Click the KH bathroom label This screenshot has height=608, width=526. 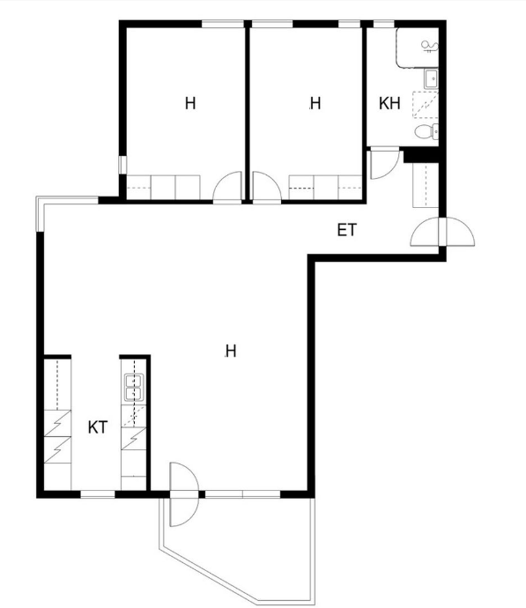point(389,103)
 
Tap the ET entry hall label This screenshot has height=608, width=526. point(346,230)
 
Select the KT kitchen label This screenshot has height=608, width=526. point(98,427)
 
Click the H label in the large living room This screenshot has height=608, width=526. point(231,351)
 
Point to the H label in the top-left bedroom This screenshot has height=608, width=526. point(190,103)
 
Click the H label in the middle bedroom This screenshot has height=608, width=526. point(315,103)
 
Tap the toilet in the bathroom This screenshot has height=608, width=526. point(426,132)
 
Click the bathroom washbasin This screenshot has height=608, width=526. point(431,79)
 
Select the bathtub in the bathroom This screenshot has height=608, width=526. point(418,48)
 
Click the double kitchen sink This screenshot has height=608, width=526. point(134,388)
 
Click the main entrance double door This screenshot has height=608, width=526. point(442,232)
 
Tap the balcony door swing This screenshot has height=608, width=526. point(184,494)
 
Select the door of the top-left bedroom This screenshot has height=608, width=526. point(227,188)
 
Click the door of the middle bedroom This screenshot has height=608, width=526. point(267,188)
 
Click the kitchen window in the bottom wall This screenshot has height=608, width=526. point(98,494)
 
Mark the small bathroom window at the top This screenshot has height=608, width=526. point(384,24)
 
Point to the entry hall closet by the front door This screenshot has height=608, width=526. point(426,185)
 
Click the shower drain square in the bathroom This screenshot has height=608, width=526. point(426,104)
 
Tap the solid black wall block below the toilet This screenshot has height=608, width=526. point(421,155)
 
